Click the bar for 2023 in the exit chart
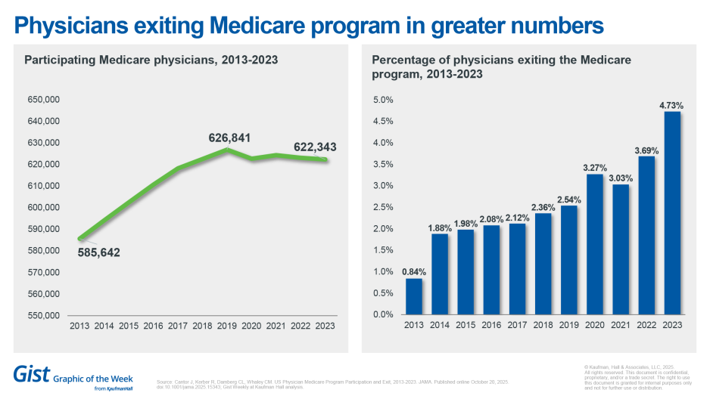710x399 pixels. [671, 213]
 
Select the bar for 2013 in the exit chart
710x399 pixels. [414, 296]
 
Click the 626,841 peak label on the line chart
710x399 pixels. [229, 138]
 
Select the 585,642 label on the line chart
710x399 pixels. [99, 252]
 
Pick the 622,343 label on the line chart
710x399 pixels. [316, 147]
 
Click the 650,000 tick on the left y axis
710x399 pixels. [43, 100]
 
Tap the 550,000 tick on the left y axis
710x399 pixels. [43, 315]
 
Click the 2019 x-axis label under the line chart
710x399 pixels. [227, 326]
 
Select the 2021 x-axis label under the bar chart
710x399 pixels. [619, 326]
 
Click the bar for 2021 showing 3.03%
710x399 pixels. [619, 249]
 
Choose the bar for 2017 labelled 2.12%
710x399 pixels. [516, 269]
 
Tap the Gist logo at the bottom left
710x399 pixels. [31, 373]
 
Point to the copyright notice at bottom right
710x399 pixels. [637, 376]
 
